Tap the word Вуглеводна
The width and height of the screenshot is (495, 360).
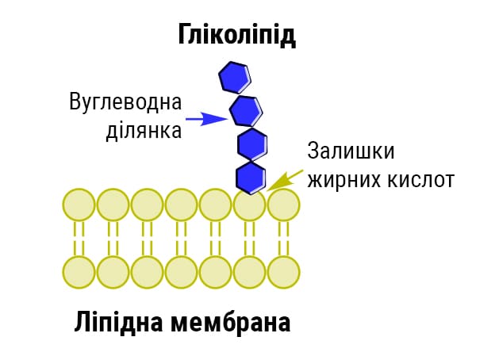125,102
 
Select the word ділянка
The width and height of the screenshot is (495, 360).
144,131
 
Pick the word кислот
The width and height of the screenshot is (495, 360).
420,179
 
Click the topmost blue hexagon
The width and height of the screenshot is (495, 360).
234,78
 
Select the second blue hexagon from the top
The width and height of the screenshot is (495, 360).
244,109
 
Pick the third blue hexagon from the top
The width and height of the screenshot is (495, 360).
252,144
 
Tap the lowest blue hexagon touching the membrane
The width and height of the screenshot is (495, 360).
251,177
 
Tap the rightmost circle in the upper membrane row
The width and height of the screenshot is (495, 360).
283,205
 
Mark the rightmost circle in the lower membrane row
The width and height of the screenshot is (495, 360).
283,272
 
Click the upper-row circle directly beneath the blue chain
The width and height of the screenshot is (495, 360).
249,206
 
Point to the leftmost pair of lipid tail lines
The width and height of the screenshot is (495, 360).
79,238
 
